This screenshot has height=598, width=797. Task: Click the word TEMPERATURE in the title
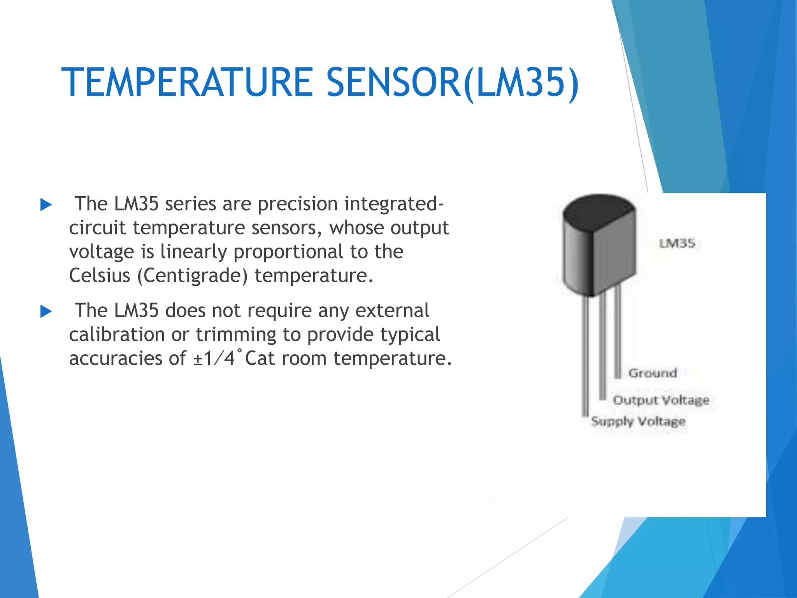[187, 82]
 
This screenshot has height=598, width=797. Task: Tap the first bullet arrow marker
[46, 205]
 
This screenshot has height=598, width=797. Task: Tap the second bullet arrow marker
[46, 311]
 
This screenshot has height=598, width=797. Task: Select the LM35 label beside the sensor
[677, 244]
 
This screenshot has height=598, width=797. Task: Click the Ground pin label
[653, 373]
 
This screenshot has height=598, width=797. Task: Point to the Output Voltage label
[661, 400]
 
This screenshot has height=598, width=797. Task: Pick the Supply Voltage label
[638, 421]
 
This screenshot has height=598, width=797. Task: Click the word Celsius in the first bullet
[100, 276]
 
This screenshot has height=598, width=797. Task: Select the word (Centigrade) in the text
[193, 276]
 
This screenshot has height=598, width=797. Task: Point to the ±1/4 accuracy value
[214, 358]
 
